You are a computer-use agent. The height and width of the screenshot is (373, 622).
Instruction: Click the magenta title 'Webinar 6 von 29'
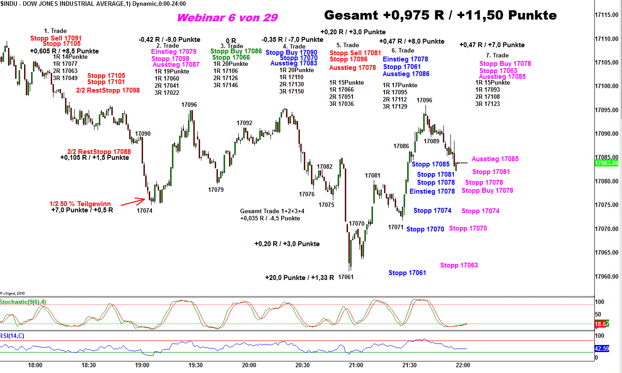227,17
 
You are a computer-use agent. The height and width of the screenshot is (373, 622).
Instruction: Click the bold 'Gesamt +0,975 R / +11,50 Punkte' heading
440,15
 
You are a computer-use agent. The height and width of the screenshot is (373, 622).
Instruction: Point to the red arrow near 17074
133,203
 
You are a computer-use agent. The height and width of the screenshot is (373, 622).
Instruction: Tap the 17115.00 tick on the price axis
608,15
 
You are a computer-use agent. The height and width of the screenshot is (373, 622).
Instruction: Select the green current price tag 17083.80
608,163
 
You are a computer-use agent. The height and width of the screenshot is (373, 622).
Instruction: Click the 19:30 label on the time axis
195,365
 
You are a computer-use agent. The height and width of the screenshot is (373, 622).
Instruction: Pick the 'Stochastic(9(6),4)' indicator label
23,302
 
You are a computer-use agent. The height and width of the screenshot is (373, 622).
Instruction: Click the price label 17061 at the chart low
346,277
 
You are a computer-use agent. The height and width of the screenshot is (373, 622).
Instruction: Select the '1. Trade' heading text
55,31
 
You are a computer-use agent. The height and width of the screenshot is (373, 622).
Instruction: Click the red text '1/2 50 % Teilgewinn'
80,204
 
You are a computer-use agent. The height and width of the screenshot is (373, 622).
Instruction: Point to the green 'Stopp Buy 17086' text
236,51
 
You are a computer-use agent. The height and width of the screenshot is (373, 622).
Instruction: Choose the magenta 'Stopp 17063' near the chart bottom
459,265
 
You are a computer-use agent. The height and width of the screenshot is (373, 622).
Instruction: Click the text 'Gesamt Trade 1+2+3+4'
272,211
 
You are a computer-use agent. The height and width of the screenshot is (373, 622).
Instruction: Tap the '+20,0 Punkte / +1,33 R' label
299,278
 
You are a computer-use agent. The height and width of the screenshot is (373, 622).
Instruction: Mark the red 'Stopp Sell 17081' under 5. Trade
356,53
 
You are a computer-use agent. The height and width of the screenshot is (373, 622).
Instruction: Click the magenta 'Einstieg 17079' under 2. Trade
173,52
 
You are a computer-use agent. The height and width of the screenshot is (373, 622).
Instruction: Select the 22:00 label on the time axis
462,365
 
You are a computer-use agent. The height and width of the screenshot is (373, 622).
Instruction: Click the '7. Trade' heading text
497,55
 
